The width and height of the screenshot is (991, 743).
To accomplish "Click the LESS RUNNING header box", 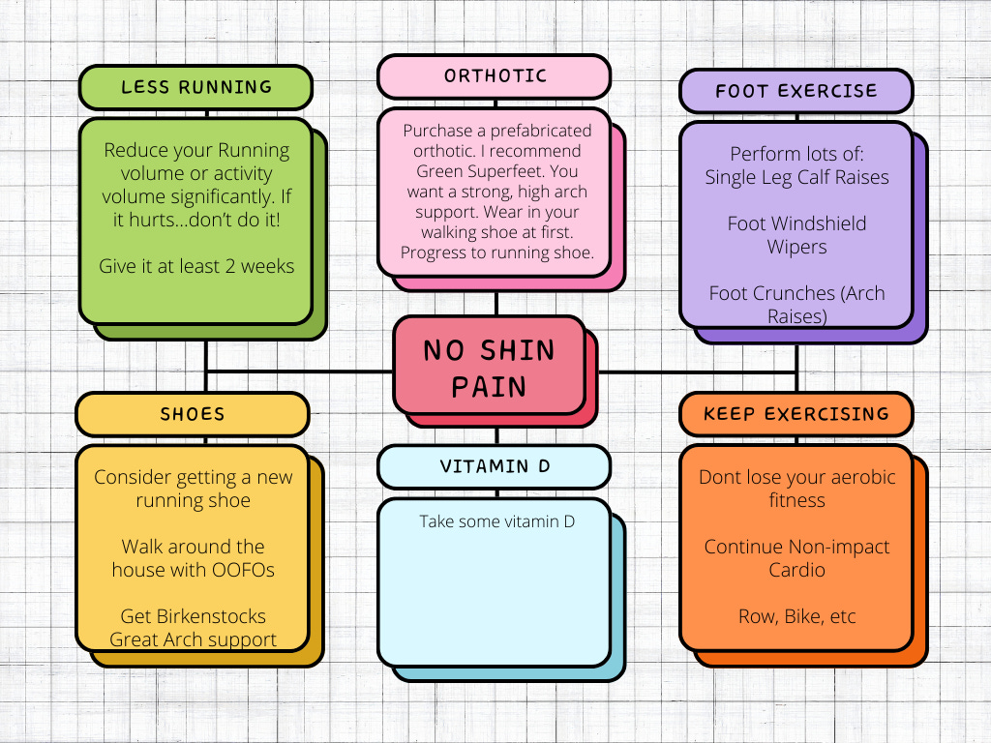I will tap(196, 87).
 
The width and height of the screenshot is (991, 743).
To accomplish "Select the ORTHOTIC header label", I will tap(495, 76).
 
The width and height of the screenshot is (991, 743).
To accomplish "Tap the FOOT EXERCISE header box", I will tap(796, 92).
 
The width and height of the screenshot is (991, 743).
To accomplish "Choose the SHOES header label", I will tap(192, 415).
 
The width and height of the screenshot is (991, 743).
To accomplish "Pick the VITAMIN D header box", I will tap(495, 466).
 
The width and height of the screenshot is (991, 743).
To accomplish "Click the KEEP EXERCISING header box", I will tap(796, 414).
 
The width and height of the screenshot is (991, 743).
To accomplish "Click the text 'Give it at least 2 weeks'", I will tap(196, 266).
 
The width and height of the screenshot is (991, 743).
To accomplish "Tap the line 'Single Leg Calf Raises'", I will tap(796, 177).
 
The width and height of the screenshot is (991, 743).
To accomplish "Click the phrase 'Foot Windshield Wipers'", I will tap(796, 235).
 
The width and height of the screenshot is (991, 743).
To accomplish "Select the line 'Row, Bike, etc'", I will tap(796, 616).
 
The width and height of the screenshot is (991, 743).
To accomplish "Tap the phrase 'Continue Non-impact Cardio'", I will tap(796, 558).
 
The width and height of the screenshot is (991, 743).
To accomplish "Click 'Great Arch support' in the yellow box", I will tap(193, 639).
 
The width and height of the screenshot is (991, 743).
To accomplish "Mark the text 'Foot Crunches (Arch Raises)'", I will tap(796, 305).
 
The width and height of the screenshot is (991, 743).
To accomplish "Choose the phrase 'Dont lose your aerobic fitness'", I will tap(796, 489).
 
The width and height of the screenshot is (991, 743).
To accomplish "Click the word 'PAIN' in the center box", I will tap(489, 387).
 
